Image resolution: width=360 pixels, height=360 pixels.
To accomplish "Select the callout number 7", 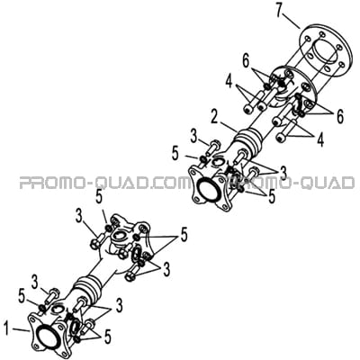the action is pos(281,12).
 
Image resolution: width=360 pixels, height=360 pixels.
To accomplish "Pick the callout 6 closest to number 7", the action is pos(247,61).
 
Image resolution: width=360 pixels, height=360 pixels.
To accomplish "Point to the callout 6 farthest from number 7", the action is pos(339,117).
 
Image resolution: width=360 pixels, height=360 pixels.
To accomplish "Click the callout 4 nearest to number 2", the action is pos(229,82).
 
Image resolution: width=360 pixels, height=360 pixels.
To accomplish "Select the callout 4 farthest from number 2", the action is pos(320,139).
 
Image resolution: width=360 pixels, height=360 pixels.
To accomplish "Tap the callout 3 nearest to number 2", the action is pos(194,137).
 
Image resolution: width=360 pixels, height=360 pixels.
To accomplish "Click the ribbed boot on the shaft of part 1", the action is pos(88,288).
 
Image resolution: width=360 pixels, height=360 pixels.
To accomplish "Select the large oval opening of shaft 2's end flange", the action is pos(208,191).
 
